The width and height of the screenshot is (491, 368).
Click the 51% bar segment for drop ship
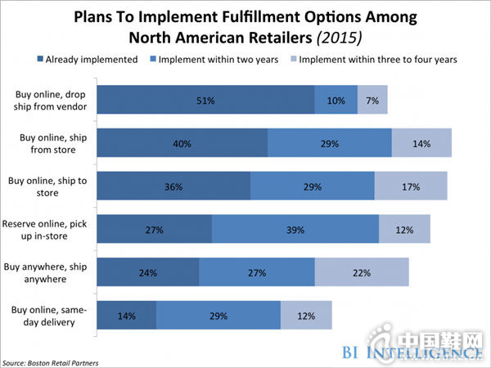click(x=205, y=100)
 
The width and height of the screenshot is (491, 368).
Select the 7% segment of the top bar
click(x=372, y=100)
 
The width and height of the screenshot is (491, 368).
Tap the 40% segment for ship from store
click(x=182, y=143)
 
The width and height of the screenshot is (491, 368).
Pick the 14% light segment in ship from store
click(x=421, y=143)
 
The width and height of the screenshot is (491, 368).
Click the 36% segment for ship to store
click(x=173, y=186)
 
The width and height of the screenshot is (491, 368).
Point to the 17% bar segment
click(x=411, y=186)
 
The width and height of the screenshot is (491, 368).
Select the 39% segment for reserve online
click(x=295, y=230)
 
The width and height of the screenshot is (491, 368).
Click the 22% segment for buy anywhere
click(x=362, y=272)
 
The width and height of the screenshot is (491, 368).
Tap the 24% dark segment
click(x=147, y=272)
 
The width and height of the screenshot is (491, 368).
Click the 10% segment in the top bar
click(x=336, y=100)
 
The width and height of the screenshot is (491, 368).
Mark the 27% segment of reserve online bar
click(x=154, y=230)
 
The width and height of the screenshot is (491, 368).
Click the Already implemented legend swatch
click(x=41, y=58)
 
